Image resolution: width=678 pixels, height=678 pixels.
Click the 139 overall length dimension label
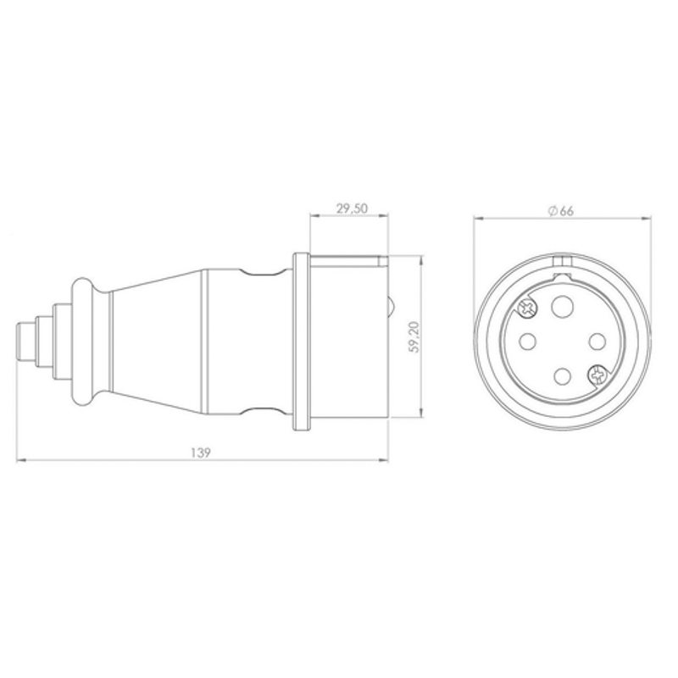click(x=201, y=453)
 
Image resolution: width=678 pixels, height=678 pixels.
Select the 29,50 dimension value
click(x=352, y=208)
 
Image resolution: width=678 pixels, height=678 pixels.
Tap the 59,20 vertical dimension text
click(x=414, y=336)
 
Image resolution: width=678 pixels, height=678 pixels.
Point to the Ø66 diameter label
click(x=560, y=211)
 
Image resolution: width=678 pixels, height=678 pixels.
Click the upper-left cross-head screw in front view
click(x=527, y=308)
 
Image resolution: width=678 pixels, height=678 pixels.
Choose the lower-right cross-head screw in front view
click(x=597, y=375)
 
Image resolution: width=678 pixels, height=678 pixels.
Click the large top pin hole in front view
click(x=563, y=307)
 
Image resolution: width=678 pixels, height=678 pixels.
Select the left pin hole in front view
click(x=527, y=342)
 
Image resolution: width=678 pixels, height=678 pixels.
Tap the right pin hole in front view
click(x=597, y=342)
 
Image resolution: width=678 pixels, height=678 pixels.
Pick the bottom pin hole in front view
click(x=562, y=376)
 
